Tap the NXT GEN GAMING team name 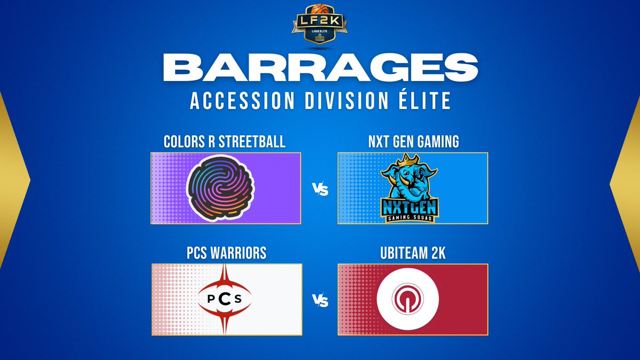click(x=413, y=142)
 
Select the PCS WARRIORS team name click(x=227, y=253)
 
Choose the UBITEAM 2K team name click(x=413, y=253)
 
